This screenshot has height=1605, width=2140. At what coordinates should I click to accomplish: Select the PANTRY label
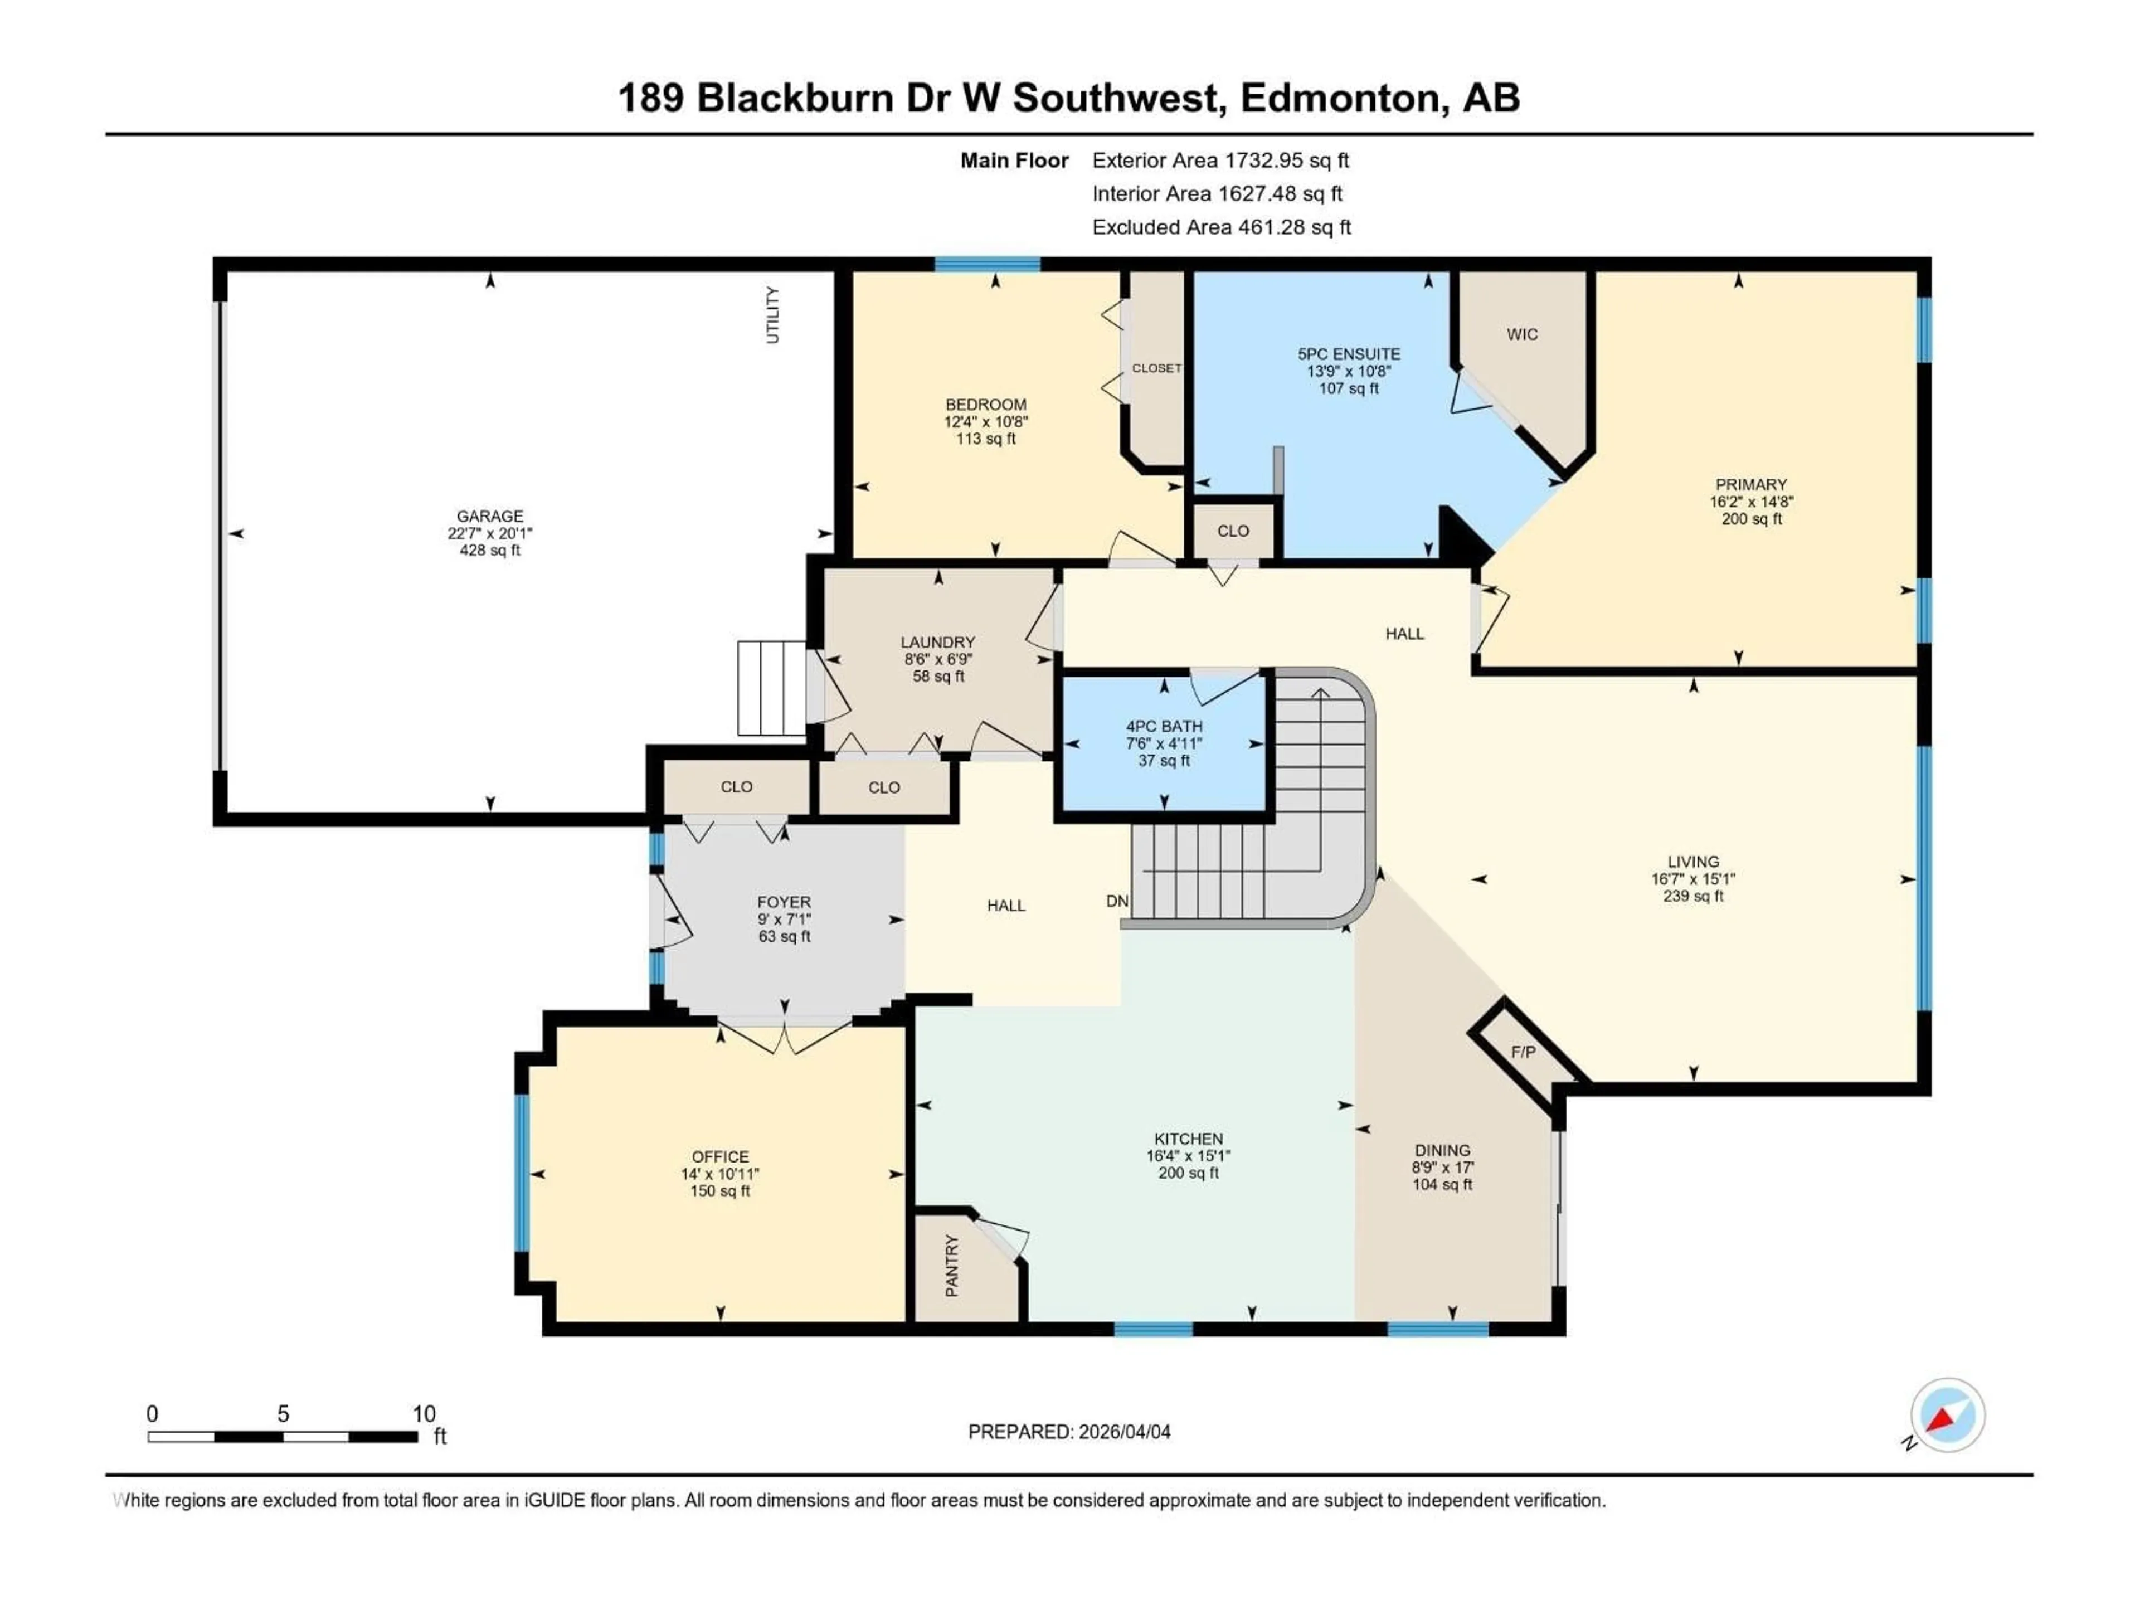coord(952,1266)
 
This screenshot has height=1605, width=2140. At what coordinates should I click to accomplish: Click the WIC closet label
coord(1522,335)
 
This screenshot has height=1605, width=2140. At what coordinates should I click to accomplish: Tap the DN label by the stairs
coord(1117,901)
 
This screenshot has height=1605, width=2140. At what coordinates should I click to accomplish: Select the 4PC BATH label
coord(1164,727)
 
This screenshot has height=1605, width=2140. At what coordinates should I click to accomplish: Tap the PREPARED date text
coord(1069,1432)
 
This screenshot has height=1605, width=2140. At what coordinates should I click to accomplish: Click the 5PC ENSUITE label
coord(1349,354)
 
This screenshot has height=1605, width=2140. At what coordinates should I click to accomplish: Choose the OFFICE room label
coord(720,1157)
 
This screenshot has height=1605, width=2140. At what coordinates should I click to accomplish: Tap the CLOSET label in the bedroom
coord(1156,368)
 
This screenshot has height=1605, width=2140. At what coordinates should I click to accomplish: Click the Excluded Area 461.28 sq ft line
coord(1221,227)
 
